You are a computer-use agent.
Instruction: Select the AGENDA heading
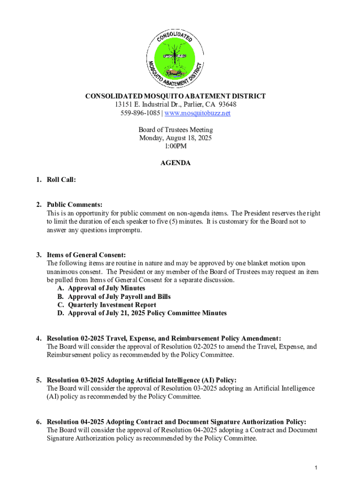coord(175,163)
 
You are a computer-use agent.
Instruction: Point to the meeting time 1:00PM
coord(175,146)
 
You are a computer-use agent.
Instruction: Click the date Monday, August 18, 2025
coord(175,138)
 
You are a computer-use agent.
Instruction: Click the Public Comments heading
coord(74,204)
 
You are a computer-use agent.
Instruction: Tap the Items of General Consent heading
coord(86,255)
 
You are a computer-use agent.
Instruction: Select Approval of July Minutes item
coord(106,288)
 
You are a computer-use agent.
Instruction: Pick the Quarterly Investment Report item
coord(112,305)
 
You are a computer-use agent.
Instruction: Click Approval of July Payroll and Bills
coord(119,297)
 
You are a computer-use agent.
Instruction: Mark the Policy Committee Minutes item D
coord(147,313)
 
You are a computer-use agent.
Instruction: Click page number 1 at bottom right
coord(317,468)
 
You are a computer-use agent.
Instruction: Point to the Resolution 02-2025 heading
coord(164,338)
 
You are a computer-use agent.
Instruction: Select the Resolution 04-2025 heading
coord(176,421)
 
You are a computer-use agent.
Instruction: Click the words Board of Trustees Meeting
coord(175,130)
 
